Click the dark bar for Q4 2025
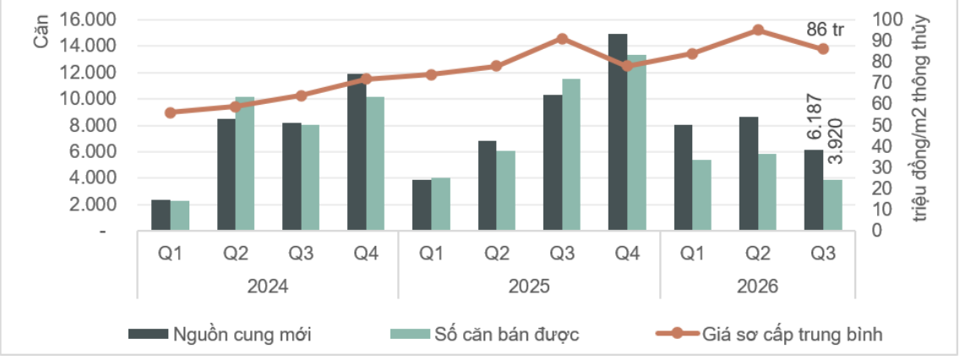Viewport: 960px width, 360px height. tap(618, 132)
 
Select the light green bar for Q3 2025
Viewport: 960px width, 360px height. tap(571, 155)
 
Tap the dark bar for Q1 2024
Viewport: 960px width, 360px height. tap(161, 215)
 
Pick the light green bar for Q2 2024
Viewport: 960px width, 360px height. tap(244, 164)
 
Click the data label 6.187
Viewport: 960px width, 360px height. tap(814, 120)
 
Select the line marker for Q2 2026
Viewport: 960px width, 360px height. tap(758, 30)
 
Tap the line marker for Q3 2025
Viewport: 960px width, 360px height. tap(562, 39)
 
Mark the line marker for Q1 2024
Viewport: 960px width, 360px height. tap(170, 112)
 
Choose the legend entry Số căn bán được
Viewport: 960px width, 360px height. tap(484, 334)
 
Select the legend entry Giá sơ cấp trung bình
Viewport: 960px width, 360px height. tap(768, 334)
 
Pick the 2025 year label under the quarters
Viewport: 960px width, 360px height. tap(529, 286)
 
